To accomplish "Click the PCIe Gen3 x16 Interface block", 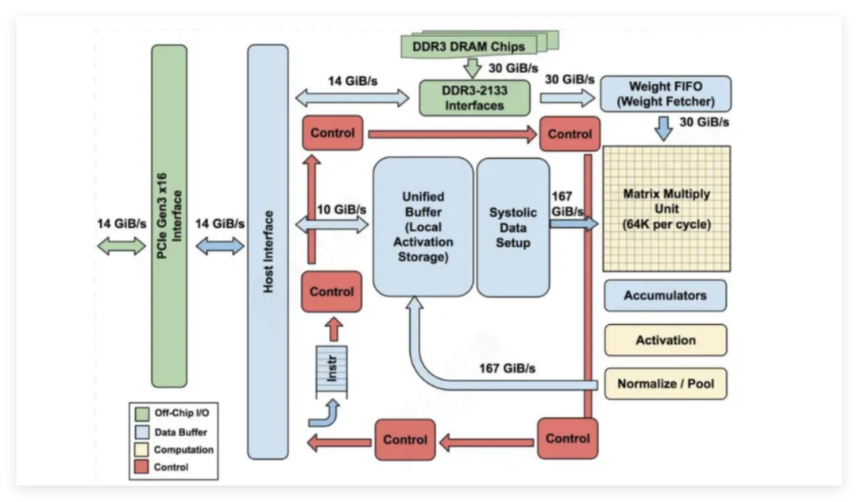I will click(169, 216).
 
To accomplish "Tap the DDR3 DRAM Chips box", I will click(469, 46).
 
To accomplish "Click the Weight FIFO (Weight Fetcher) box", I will click(666, 94).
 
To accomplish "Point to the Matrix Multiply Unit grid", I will click(667, 209).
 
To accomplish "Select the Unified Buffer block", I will click(423, 226).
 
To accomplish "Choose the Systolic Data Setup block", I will click(512, 227).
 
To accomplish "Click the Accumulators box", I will click(665, 295).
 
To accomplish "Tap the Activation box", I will click(665, 340).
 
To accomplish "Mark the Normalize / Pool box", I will click(665, 384).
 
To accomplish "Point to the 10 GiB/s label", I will click(342, 209).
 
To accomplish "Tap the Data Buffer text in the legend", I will click(180, 432).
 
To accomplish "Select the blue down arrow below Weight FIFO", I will click(664, 128).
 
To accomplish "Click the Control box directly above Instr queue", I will click(331, 292).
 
